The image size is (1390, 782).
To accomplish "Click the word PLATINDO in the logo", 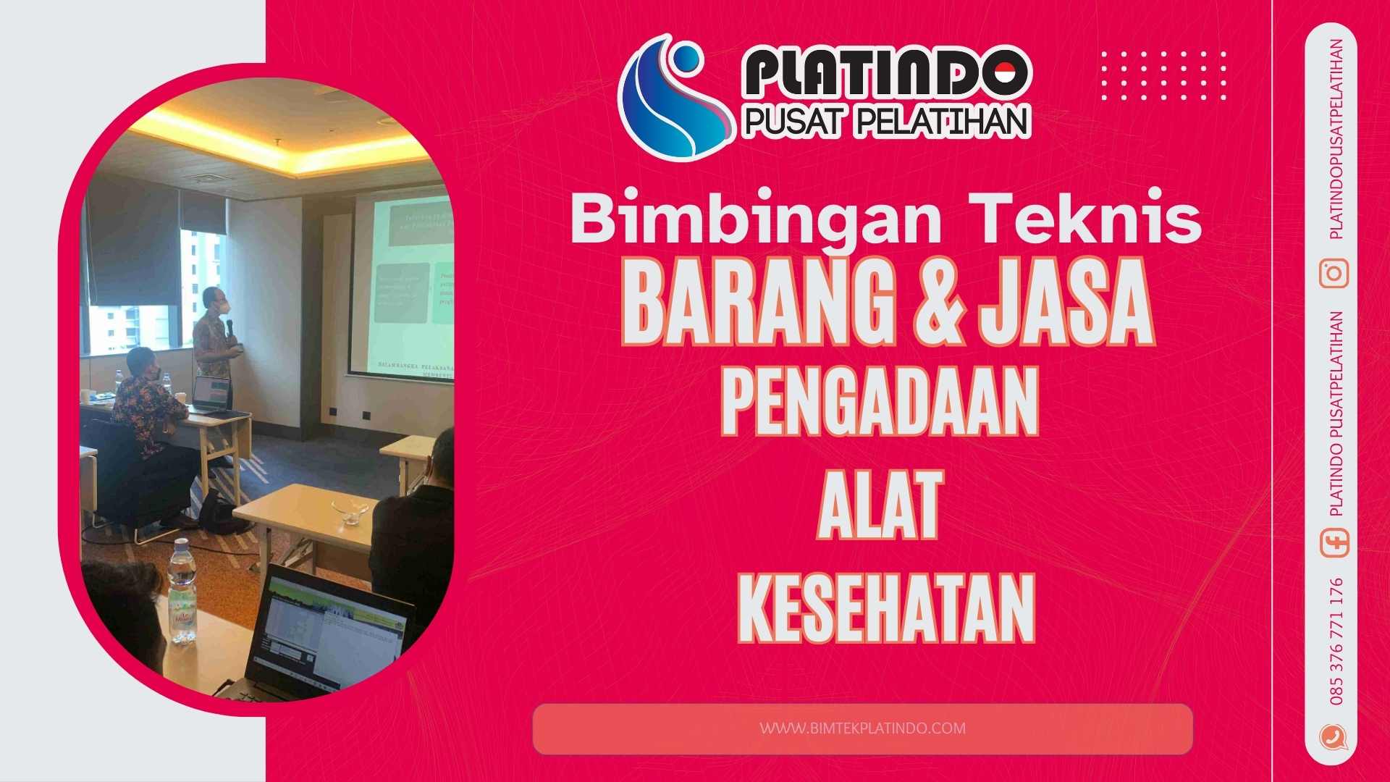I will pyautogui.click(x=885, y=73).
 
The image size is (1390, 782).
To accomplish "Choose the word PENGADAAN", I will pyautogui.click(x=880, y=403).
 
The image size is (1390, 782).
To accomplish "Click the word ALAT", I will pyautogui.click(x=879, y=505).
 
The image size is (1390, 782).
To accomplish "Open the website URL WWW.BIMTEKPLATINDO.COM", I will pyautogui.click(x=862, y=728).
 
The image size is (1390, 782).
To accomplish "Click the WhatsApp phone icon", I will pyautogui.click(x=1333, y=737).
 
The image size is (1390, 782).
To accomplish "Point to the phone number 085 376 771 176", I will pyautogui.click(x=1336, y=641).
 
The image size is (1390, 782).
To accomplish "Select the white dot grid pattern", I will pyautogui.click(x=1163, y=75).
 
